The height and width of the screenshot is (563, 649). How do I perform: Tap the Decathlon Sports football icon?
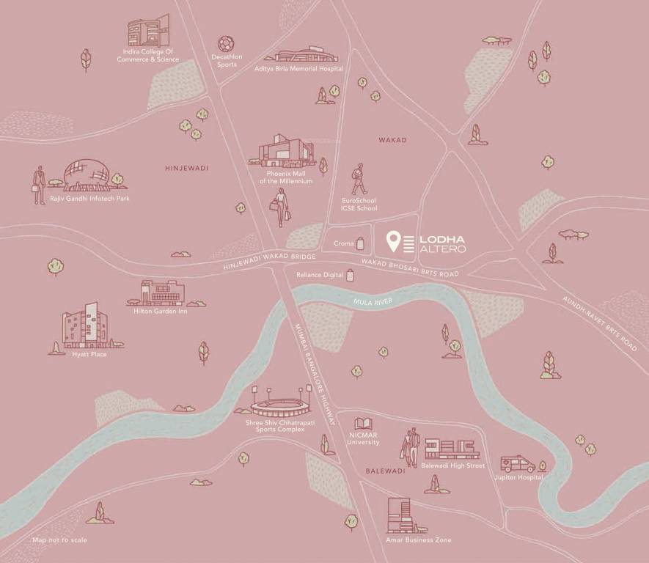click(x=226, y=44)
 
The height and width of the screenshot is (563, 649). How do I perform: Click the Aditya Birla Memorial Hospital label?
click(x=298, y=68)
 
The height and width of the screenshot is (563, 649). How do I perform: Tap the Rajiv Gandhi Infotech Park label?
click(x=89, y=198)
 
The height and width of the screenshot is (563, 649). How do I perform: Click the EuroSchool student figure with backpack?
click(x=359, y=179)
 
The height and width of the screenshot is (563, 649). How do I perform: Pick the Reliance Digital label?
click(x=320, y=275)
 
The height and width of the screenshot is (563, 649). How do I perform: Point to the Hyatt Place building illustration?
click(x=82, y=328)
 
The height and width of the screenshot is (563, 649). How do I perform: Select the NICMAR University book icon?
click(x=364, y=424)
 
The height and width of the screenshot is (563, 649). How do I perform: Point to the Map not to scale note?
click(x=59, y=540)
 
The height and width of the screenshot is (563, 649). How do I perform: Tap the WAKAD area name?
click(x=392, y=139)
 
